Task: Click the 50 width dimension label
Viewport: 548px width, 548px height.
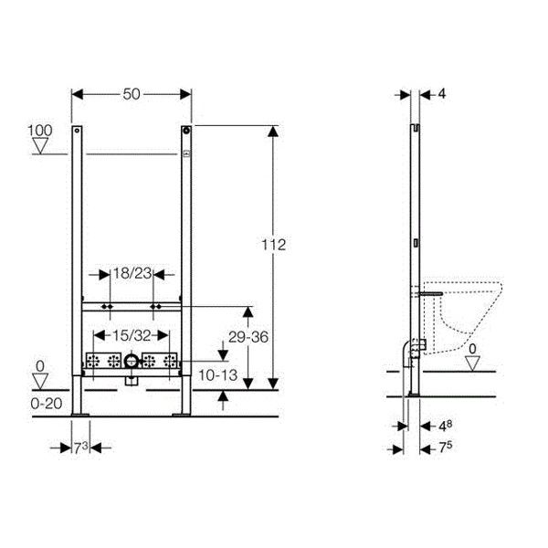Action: tap(132, 94)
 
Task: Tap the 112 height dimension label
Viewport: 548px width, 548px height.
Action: tap(274, 245)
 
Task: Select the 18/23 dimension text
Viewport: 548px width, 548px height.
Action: tap(132, 273)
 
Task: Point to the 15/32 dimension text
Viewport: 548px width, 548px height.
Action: tap(132, 335)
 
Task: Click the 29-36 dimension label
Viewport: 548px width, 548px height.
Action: tap(248, 337)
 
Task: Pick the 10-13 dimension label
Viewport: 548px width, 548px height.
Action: tap(217, 375)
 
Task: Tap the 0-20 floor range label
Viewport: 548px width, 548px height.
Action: tap(47, 404)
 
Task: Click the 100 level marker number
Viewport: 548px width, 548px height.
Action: tap(40, 131)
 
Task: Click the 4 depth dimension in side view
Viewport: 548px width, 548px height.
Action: tap(442, 94)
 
